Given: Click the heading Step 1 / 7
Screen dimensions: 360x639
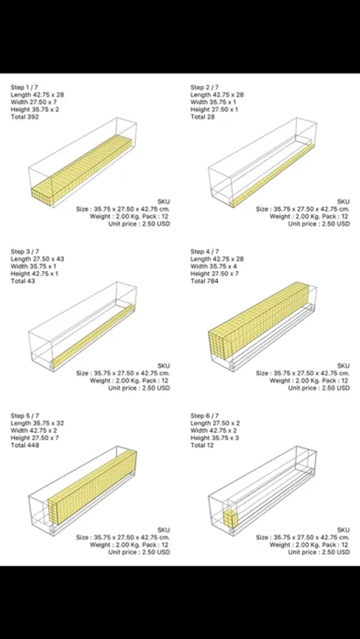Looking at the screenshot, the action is coord(25,87).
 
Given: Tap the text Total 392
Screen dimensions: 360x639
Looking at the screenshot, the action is coord(25,117).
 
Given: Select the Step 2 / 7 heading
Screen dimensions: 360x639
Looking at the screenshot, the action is coord(204,87).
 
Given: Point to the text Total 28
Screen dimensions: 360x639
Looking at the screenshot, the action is coord(202,117).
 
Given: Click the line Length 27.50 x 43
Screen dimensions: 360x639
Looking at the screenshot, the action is coord(37,258).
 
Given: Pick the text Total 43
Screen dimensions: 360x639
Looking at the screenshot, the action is coord(23,281).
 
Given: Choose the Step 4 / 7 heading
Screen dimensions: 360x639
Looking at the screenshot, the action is coord(204,251).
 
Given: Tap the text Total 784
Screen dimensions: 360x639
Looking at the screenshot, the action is coord(204,281).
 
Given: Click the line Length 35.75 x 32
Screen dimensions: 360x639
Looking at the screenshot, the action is coord(37,423).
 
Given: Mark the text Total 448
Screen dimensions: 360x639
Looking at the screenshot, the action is coord(25,445).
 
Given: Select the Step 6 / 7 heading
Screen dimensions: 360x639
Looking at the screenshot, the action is coord(204,415).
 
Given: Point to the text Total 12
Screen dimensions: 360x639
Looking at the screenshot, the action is coord(202,445).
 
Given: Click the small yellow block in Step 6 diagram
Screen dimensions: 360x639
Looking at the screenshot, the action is coord(230,519).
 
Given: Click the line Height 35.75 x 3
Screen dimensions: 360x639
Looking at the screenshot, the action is coord(215,438).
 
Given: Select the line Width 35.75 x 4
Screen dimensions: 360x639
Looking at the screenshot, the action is coord(214,266).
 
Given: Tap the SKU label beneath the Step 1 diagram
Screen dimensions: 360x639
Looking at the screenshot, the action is coord(163,202).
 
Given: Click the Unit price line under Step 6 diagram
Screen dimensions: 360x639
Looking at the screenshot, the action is coord(319,552).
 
